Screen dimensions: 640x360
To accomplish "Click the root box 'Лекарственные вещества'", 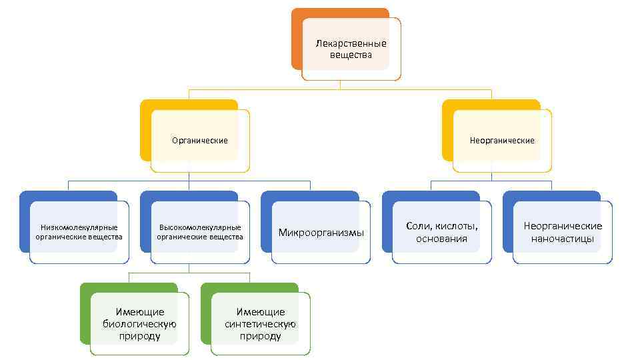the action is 351,49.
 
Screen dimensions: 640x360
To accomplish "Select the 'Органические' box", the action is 200,141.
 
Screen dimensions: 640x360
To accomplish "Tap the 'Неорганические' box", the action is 502,141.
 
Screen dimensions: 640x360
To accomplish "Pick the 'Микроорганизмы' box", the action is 321,233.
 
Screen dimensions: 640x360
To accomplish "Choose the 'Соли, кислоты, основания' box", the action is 442,233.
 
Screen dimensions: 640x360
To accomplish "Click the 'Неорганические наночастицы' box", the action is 563,233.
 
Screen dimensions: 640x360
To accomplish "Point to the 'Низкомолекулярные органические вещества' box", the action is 79,233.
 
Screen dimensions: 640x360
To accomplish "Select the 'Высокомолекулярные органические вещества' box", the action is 200,233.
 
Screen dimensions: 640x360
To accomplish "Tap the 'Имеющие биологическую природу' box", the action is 139,324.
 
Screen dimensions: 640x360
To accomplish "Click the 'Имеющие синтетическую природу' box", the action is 261,324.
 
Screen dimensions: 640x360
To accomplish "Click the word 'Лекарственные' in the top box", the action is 351,43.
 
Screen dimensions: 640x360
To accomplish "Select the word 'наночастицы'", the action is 563,239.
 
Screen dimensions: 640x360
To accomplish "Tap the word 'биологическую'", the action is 139,324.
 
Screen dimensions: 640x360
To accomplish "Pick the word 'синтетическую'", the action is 261,324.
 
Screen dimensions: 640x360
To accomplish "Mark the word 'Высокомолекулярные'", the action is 200,227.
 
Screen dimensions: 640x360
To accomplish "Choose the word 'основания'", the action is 442,239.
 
